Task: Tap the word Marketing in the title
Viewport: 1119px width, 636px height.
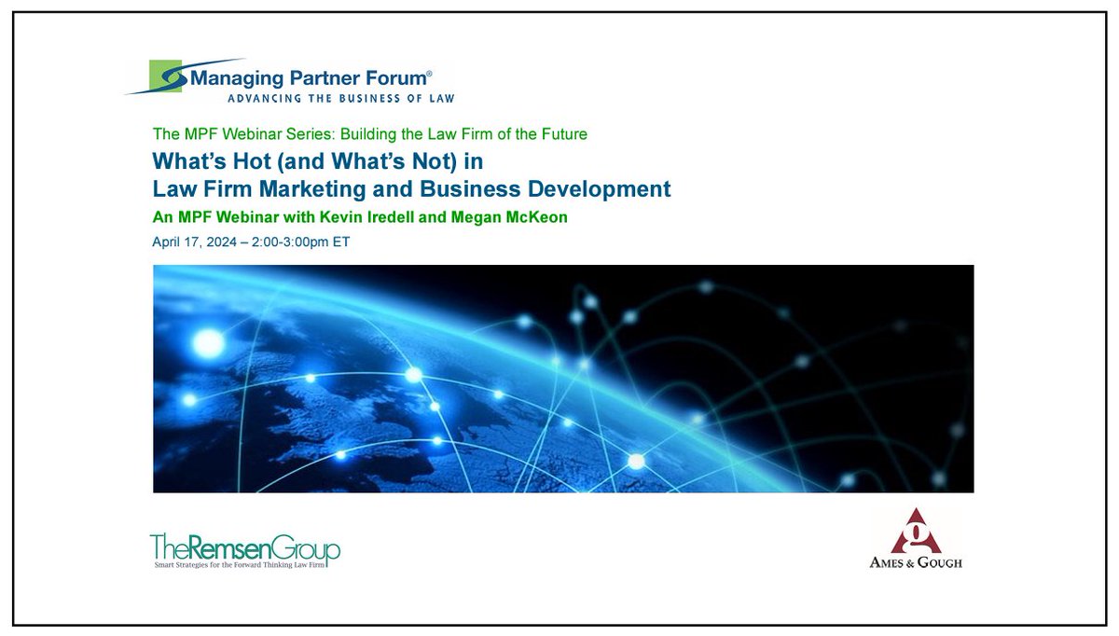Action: [353, 188]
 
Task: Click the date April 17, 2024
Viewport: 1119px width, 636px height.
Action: [201, 242]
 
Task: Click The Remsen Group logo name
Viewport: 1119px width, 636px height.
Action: [244, 547]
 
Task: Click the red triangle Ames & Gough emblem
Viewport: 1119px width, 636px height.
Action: [909, 532]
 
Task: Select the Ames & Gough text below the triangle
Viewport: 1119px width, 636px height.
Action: [909, 561]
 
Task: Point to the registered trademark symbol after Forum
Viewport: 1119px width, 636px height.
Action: [429, 72]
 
